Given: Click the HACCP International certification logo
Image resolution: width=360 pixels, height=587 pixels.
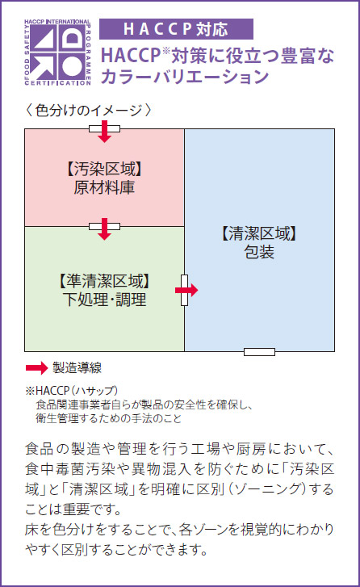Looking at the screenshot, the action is [x=57, y=52].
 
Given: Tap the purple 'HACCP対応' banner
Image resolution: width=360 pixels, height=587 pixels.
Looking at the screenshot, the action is [x=176, y=29].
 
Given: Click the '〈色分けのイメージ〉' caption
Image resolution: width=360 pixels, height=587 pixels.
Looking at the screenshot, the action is [x=89, y=111].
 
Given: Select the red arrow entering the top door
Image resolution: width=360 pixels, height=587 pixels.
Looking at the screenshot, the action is [x=104, y=132].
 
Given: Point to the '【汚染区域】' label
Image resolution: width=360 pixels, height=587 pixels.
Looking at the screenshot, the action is [x=104, y=170].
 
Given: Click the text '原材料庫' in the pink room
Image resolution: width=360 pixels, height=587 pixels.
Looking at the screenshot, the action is [x=104, y=187].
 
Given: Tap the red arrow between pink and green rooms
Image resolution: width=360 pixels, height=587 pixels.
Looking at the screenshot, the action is [x=104, y=229].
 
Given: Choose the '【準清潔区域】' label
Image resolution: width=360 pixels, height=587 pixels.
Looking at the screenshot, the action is [x=104, y=281].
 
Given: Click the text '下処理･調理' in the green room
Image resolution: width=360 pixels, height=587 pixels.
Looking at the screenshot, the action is [x=104, y=300].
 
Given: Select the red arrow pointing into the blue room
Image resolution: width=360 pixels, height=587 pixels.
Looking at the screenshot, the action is [x=186, y=290].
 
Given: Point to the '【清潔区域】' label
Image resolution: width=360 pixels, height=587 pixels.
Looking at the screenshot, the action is [x=259, y=233].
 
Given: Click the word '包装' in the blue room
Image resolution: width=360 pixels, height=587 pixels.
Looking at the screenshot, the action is [x=259, y=252].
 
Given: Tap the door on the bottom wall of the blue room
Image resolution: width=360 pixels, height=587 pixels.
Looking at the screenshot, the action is [x=259, y=351].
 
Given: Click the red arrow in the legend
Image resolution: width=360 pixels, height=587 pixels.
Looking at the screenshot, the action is [x=36, y=368].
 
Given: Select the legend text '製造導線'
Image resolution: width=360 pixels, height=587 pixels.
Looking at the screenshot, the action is [x=77, y=368].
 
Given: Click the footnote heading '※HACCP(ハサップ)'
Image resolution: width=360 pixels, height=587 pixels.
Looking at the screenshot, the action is [x=72, y=391].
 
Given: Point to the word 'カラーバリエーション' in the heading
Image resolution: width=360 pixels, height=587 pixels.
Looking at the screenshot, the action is [x=185, y=77].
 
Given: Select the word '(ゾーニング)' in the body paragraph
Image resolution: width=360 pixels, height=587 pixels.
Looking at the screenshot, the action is [x=266, y=489].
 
